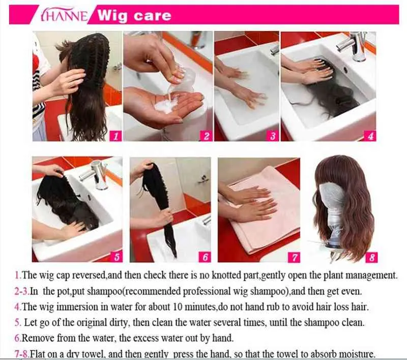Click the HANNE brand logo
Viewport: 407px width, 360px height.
(x=64, y=16)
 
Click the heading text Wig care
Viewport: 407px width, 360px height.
(x=134, y=16)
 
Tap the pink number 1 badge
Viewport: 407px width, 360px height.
(x=115, y=136)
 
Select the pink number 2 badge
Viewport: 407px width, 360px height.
(x=206, y=136)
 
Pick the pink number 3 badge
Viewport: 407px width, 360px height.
(x=273, y=136)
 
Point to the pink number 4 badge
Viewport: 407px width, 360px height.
(x=370, y=136)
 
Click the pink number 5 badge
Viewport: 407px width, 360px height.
(x=117, y=257)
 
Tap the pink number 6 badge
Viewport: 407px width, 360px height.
(x=205, y=257)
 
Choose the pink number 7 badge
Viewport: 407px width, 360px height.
(x=295, y=257)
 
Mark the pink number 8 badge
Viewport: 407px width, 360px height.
(x=372, y=257)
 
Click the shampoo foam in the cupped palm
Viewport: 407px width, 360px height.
(x=166, y=103)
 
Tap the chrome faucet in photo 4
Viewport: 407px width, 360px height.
(x=354, y=45)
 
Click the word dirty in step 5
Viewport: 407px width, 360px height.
(x=119, y=323)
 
